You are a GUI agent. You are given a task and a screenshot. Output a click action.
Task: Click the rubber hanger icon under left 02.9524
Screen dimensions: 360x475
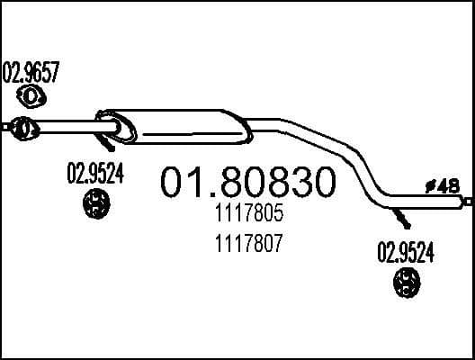click(94, 205)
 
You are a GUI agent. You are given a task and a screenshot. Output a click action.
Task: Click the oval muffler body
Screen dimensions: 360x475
click(180, 126)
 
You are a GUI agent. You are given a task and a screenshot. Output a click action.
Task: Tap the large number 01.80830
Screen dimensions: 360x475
click(247, 183)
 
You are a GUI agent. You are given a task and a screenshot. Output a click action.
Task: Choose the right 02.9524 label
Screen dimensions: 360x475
click(404, 255)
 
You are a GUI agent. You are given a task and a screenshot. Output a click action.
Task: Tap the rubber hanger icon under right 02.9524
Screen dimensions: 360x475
click(406, 287)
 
